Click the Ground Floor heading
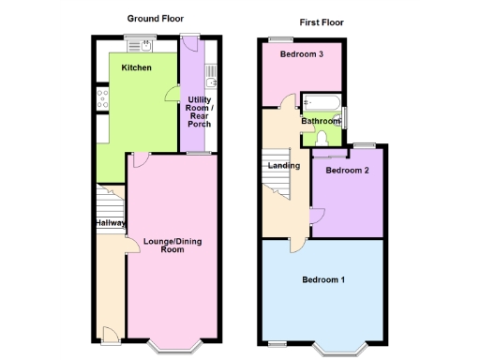coord(156,18)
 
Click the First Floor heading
coord(321,22)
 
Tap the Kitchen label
coord(137,68)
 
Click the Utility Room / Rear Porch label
coord(199,112)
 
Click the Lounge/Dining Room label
coord(172,246)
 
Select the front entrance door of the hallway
coord(110,333)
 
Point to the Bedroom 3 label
coord(302,54)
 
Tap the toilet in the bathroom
coord(322,138)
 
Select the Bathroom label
coord(321,121)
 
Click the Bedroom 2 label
coord(347,171)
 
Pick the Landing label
coord(283,166)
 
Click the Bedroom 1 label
coord(323,279)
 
